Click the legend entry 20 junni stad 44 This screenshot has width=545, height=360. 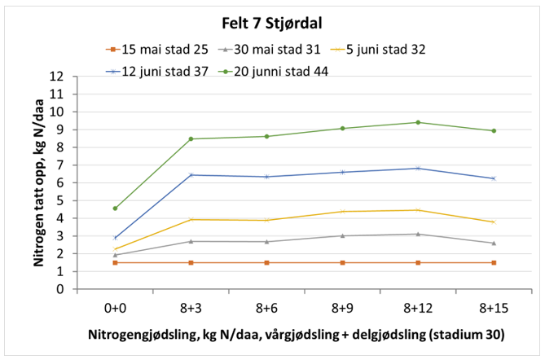tap(280, 71)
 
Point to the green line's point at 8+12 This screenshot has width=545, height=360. tap(418, 122)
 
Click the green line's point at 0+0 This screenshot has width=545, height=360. tap(115, 209)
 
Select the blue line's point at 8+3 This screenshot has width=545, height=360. tap(191, 175)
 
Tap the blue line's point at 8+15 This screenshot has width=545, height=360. tap(494, 178)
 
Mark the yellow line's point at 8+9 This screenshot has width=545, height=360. tap(342, 212)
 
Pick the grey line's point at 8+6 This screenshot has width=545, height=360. tap(266, 241)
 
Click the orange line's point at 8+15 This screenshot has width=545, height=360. tap(494, 262)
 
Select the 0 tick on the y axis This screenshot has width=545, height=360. tap(61, 289)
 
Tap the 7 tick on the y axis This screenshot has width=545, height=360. tap(61, 165)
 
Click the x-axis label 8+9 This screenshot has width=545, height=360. tap(342, 309)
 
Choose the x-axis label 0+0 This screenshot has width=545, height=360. tap(115, 309)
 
